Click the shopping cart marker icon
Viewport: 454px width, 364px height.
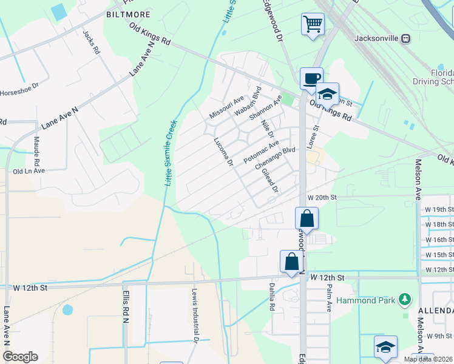click(x=313, y=25)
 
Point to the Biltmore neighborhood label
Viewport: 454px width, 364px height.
click(x=128, y=13)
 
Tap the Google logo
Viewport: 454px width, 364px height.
click(x=21, y=357)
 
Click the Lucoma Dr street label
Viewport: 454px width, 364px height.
click(x=223, y=152)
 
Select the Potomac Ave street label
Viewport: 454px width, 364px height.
click(x=260, y=152)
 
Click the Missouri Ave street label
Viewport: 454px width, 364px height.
click(x=226, y=107)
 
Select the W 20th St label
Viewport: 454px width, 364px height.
click(x=322, y=198)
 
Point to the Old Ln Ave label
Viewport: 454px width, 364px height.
click(x=29, y=171)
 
